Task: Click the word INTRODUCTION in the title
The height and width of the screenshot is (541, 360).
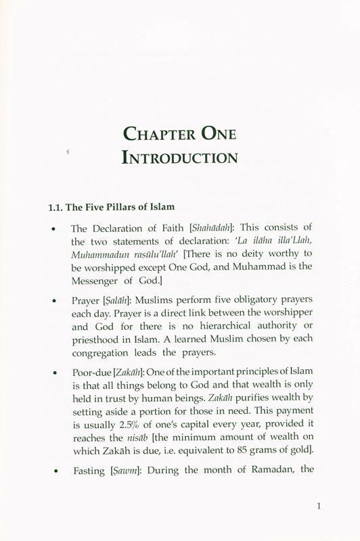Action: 180,158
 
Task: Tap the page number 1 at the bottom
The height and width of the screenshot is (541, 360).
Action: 318,504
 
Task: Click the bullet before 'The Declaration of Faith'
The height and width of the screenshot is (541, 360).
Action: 53,229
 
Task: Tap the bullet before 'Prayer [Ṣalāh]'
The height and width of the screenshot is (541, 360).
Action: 53,300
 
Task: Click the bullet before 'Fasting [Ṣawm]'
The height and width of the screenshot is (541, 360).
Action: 53,467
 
